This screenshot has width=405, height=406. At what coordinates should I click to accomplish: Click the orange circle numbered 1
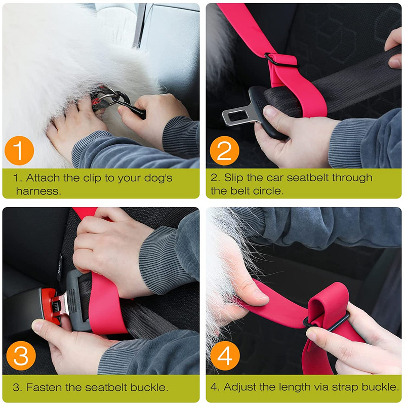[19, 150]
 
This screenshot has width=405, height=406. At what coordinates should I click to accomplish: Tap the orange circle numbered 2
[224, 150]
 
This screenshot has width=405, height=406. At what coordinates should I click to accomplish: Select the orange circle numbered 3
[21, 355]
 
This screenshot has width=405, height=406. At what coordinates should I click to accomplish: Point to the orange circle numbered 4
[225, 355]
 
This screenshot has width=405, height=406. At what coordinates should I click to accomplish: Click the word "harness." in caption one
[38, 191]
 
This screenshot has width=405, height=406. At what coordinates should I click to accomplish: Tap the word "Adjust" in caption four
[240, 387]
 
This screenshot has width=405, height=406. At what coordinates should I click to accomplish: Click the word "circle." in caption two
[268, 191]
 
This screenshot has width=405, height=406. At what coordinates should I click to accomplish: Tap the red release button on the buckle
[50, 306]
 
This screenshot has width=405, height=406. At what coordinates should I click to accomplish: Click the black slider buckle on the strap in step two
[280, 60]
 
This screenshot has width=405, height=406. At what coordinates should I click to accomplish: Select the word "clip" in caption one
[92, 178]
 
